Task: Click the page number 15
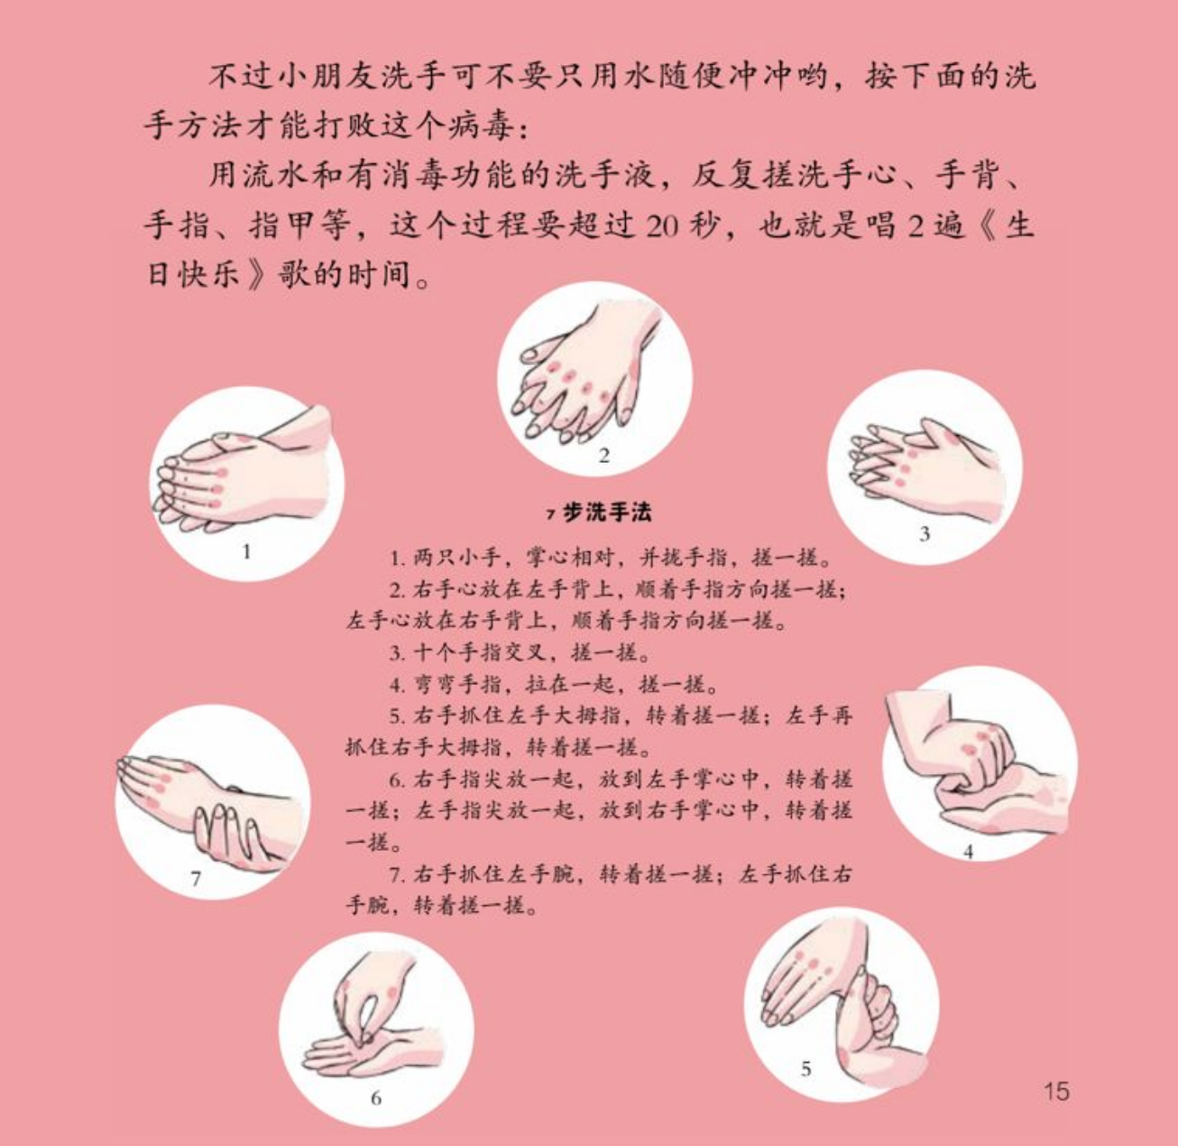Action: click(x=1056, y=1091)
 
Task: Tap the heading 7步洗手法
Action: click(x=599, y=513)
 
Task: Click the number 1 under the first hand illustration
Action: click(x=246, y=551)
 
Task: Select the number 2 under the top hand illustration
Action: click(x=603, y=456)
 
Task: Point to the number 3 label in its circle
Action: click(x=925, y=533)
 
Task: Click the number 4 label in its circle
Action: click(x=968, y=852)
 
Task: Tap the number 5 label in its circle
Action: click(x=805, y=1067)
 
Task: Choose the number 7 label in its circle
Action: click(x=195, y=878)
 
